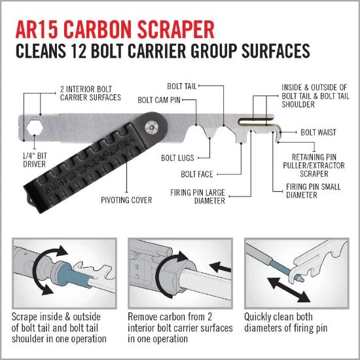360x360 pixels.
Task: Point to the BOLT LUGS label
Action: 175,158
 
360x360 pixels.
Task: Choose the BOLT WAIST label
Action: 318,132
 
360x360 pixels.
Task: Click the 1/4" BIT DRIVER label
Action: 32,160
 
